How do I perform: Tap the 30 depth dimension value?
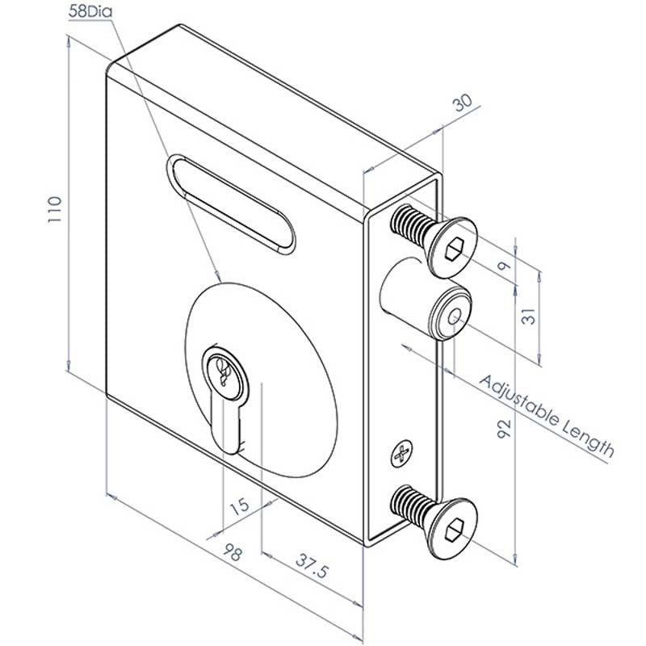(x=463, y=103)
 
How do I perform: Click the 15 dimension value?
(x=239, y=507)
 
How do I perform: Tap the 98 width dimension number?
(x=233, y=554)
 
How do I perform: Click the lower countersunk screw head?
(x=452, y=526)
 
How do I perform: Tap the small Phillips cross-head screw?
(x=401, y=455)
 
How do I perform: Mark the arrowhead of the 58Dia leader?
(x=217, y=275)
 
